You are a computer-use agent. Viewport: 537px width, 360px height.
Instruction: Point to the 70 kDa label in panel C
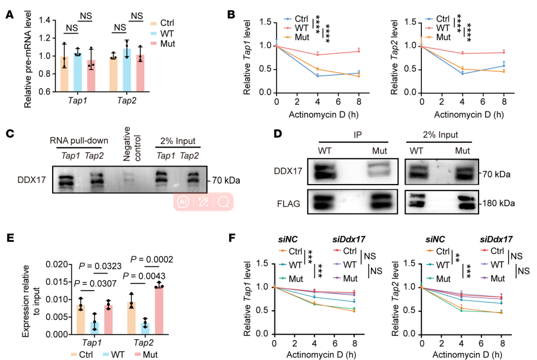pos(223,181)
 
